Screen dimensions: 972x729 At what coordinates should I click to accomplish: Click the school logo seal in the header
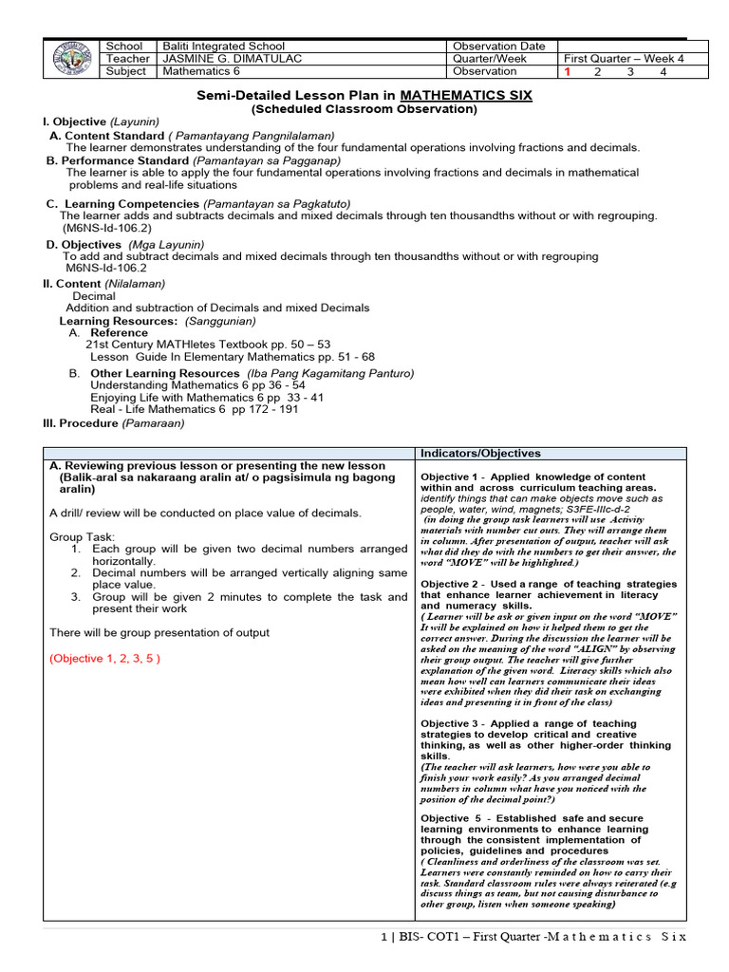click(x=75, y=59)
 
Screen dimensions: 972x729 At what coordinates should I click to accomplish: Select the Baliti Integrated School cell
click(x=224, y=47)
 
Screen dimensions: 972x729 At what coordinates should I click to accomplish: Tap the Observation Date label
click(x=498, y=47)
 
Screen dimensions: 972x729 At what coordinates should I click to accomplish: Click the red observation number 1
click(x=567, y=71)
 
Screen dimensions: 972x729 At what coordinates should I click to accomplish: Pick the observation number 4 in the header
click(x=664, y=71)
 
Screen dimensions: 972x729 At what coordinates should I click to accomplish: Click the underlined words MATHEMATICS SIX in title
click(x=466, y=95)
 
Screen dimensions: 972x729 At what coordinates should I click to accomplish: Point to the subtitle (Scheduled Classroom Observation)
click(x=364, y=109)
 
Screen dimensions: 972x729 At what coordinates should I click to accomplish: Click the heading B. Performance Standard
click(x=118, y=160)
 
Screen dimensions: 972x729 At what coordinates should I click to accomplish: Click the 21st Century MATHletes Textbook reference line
click(x=208, y=345)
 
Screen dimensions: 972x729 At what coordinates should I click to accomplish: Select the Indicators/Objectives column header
click(x=480, y=454)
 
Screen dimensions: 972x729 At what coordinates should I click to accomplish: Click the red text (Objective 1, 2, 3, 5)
click(x=104, y=658)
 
